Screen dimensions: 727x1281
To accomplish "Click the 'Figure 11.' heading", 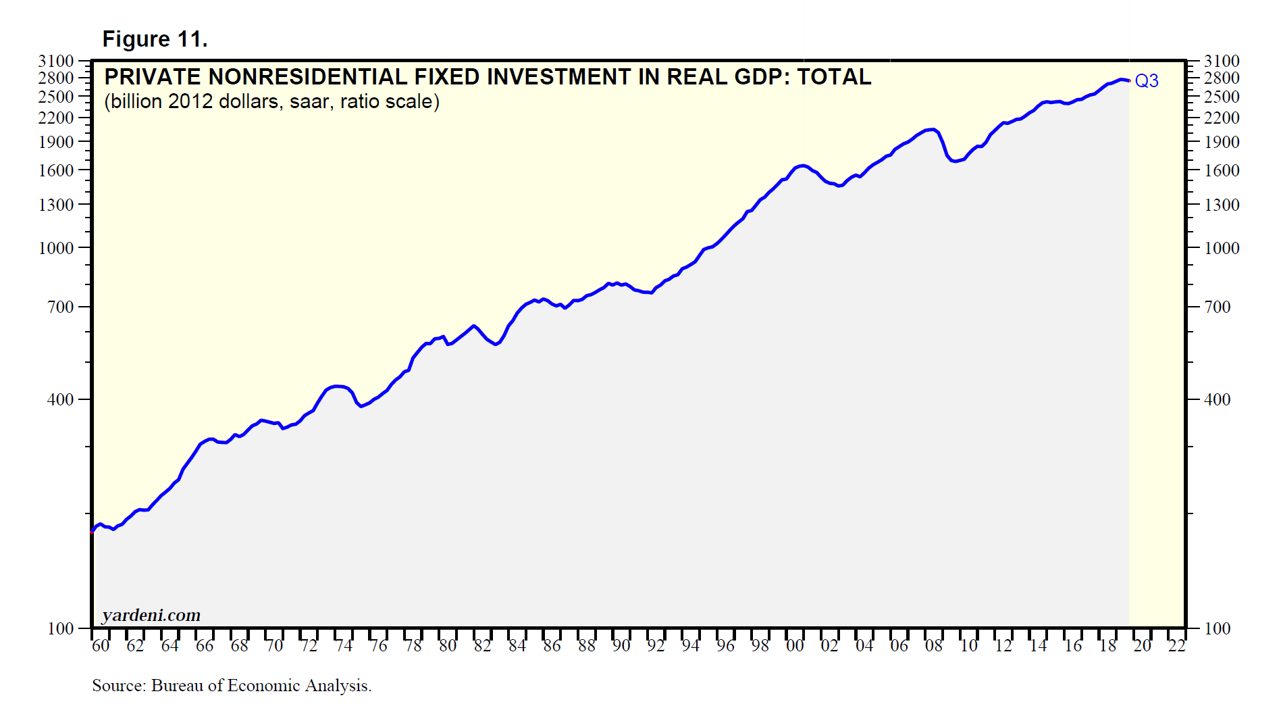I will tap(155, 39).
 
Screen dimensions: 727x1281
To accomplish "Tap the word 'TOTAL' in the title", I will tap(834, 77).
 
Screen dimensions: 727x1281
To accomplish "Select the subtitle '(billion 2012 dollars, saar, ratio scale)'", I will tap(271, 101).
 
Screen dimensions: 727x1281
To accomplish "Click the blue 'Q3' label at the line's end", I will tap(1146, 81).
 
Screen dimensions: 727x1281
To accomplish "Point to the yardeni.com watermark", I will tap(151, 615).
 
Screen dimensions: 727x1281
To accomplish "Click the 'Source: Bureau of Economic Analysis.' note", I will tap(232, 686).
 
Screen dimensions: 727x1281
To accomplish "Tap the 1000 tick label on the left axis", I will tap(56, 248).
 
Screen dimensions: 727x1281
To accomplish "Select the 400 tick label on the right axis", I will tap(1217, 399).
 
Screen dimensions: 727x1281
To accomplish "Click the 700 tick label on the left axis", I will tap(60, 307).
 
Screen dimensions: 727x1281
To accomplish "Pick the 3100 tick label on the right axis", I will tap(1222, 61).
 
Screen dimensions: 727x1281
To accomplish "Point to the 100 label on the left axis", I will tap(60, 628).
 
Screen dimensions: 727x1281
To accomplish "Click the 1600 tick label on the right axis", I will tap(1222, 170).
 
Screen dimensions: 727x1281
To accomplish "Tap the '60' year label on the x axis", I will tap(101, 646).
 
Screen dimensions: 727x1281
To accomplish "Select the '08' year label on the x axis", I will tap(934, 646).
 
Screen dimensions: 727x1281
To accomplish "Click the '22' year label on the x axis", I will tap(1177, 646).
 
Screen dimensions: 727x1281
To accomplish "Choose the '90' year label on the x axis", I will tap(621, 646).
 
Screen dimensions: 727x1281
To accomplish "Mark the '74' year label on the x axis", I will tap(344, 646).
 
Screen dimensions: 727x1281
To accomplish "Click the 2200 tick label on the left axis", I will tap(56, 118).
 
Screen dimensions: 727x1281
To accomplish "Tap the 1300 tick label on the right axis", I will tap(1222, 205).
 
